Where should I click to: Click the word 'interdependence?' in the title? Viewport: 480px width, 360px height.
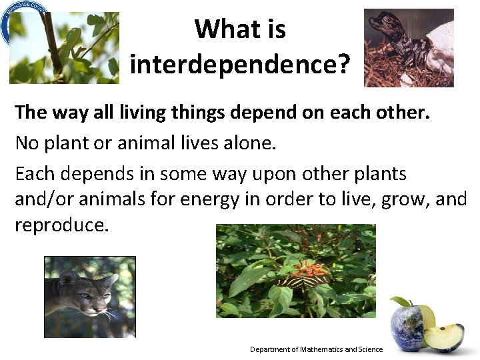(x=239, y=64)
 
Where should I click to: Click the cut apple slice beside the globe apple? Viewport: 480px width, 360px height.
(x=443, y=337)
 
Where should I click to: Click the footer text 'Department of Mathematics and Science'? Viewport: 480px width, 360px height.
(x=316, y=349)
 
